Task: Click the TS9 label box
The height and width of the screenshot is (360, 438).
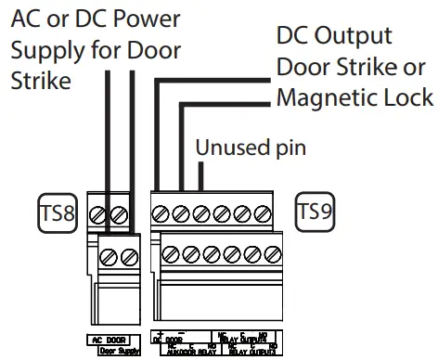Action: tap(315, 211)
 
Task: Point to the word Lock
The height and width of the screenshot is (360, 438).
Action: tap(406, 97)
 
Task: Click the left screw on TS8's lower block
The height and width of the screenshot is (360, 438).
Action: tap(110, 252)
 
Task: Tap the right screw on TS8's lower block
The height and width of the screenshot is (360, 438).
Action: tap(130, 252)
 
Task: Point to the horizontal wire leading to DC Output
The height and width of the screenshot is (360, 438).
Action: tap(213, 80)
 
